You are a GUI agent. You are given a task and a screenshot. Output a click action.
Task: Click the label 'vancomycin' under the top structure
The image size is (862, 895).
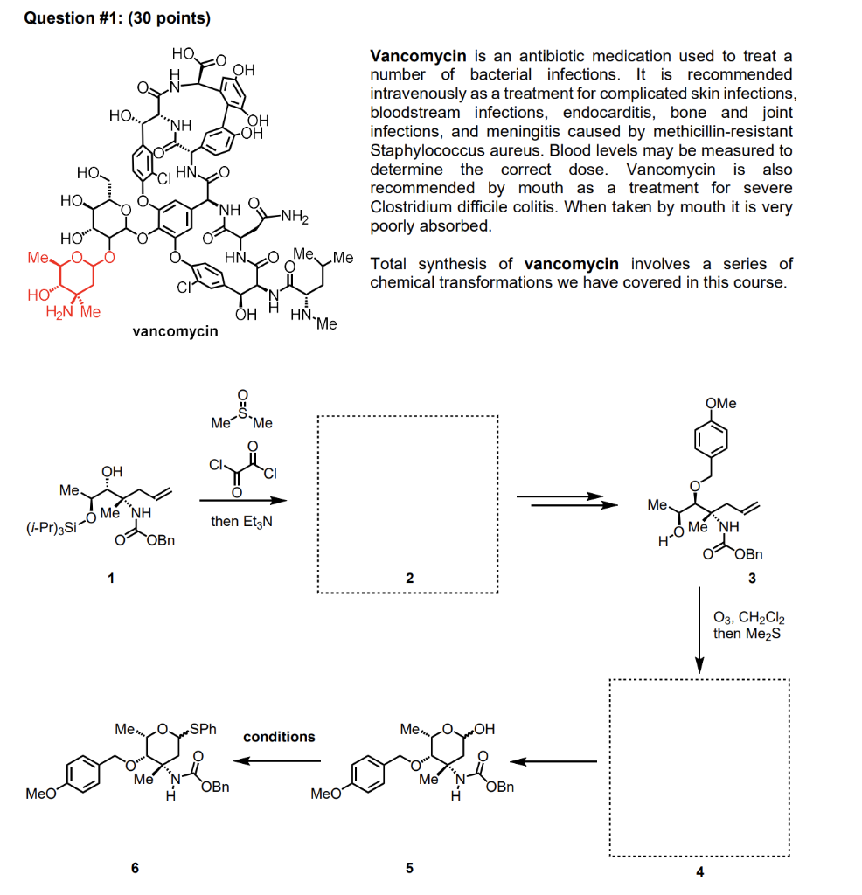175,332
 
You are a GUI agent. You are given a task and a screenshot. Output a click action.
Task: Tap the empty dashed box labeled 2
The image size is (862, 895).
407,504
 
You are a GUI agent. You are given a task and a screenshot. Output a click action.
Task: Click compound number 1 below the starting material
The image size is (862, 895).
109,578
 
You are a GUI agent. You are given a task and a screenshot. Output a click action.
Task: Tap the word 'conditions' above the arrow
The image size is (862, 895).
279,737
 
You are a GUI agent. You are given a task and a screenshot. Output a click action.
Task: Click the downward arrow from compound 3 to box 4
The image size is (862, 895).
699,629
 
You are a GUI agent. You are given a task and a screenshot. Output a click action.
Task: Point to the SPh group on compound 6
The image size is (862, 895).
204,727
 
